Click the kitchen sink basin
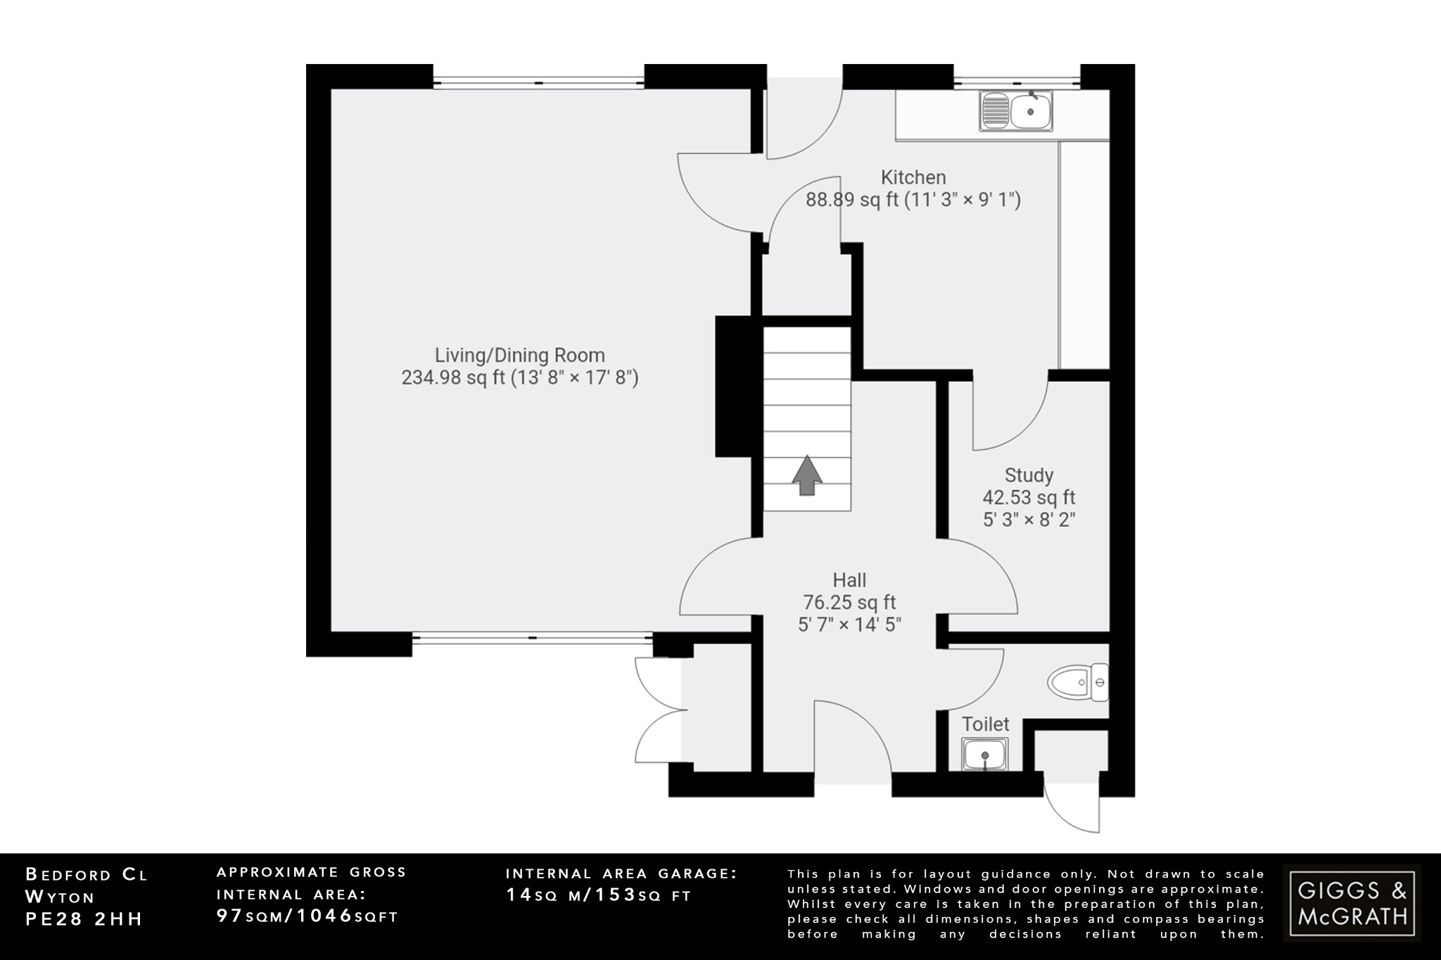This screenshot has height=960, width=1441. click(x=1030, y=111)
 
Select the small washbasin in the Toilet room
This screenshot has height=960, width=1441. click(x=984, y=755)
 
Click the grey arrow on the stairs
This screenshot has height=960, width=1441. click(x=806, y=475)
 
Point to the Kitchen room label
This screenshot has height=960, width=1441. click(x=913, y=177)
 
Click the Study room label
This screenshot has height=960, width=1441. click(x=1029, y=475)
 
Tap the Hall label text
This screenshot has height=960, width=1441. click(x=849, y=580)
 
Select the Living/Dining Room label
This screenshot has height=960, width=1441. click(x=519, y=355)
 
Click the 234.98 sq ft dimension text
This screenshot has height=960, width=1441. click(x=519, y=378)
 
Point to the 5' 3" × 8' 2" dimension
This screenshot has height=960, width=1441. click(x=1029, y=520)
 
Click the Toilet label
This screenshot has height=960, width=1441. click(x=985, y=724)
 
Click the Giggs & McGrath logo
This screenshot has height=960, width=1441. click(x=1352, y=904)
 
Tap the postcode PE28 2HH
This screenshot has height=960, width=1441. click(x=84, y=919)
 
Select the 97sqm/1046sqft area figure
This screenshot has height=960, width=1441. click(x=307, y=916)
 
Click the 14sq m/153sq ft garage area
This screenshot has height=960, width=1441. click(x=598, y=895)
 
